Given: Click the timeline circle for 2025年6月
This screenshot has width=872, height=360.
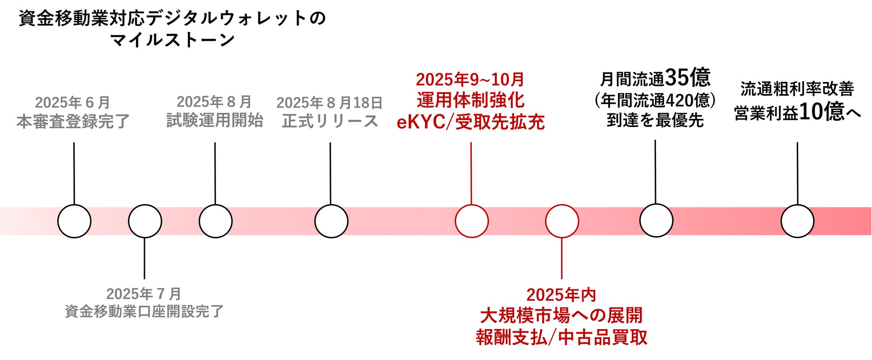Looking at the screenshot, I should pos(74,221).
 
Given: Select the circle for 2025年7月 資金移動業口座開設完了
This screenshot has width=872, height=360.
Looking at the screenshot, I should pos(145,221).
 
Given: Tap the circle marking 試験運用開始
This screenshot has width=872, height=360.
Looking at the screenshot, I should pos(216,221).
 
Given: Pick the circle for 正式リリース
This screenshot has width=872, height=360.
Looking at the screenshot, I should pos(331,221).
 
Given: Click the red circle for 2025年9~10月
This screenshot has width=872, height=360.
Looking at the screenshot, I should pos(471,221).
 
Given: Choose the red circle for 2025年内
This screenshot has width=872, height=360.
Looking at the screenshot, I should pos(562,221).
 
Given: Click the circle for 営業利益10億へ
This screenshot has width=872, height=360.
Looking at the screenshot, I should pos(797,221).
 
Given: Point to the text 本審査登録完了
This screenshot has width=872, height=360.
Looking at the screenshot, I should pos(73,122).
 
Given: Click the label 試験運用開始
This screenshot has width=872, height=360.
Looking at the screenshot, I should pos(215,121).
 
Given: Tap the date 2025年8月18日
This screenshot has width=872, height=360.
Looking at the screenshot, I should pos(330,103).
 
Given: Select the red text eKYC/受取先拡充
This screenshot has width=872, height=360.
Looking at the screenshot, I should pos(470,122).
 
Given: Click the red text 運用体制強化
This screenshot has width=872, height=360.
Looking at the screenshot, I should pos(470,100).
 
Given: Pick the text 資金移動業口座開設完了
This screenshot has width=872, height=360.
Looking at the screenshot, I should pos(144,311).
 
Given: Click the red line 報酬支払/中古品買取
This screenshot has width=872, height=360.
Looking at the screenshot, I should pos(562,337).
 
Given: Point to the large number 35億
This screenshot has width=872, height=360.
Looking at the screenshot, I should pos(687,78).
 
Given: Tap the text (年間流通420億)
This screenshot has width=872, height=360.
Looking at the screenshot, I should pos(655,101).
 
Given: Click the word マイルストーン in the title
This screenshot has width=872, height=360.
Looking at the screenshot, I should pos(173,40).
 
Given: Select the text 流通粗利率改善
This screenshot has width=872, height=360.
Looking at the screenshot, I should pos(797,89).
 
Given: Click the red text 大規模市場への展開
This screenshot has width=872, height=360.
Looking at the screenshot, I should pos(562,316).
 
